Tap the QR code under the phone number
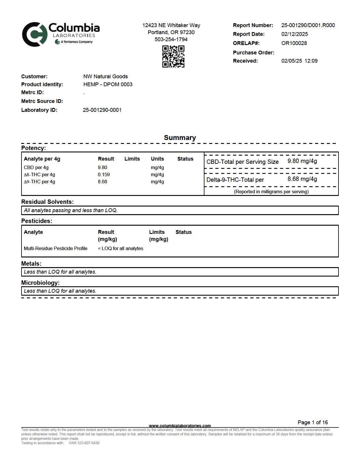[x=173, y=57]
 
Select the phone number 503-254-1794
[x=171, y=39]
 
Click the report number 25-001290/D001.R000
[x=308, y=25]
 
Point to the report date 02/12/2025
[x=294, y=34]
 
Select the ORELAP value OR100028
[x=294, y=43]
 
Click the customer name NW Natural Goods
[x=105, y=76]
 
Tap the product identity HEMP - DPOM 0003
[x=108, y=84]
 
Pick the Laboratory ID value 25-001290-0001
[x=102, y=110]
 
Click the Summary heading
[x=180, y=138]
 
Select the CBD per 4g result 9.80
[x=102, y=167]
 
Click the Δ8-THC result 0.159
[x=104, y=174]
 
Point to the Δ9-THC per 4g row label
[x=39, y=182]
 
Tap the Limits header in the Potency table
[x=132, y=159]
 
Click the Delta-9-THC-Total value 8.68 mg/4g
[x=302, y=179]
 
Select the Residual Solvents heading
[x=47, y=202]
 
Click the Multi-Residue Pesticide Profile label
[x=56, y=249]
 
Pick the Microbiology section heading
[x=40, y=283]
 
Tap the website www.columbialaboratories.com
[x=180, y=426]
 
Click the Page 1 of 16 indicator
[x=312, y=422]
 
